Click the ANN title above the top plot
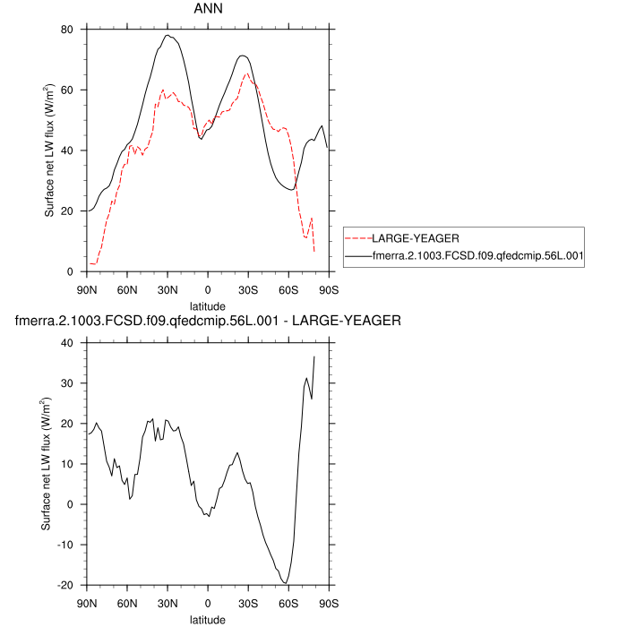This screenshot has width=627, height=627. (x=208, y=9)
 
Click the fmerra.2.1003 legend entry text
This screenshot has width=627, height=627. (x=477, y=256)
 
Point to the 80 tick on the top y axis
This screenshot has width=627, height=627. (x=65, y=30)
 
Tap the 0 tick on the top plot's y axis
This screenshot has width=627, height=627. (x=71, y=271)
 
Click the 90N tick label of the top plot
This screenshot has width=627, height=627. (x=88, y=289)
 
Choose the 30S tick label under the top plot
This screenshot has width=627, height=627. (x=248, y=289)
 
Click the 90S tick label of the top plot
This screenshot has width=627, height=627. (x=328, y=289)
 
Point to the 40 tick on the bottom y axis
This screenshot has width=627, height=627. (x=65, y=343)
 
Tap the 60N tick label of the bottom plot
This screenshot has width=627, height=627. (x=127, y=603)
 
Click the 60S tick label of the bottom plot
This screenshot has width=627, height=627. (x=288, y=603)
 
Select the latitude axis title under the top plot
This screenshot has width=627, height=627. (x=208, y=305)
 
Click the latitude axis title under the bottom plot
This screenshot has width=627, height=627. (x=208, y=619)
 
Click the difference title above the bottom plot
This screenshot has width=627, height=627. (x=208, y=320)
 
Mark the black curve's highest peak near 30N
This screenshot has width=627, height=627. (x=167, y=35)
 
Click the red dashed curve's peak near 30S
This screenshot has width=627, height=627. (x=246, y=73)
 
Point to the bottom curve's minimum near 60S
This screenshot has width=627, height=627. (x=286, y=583)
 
